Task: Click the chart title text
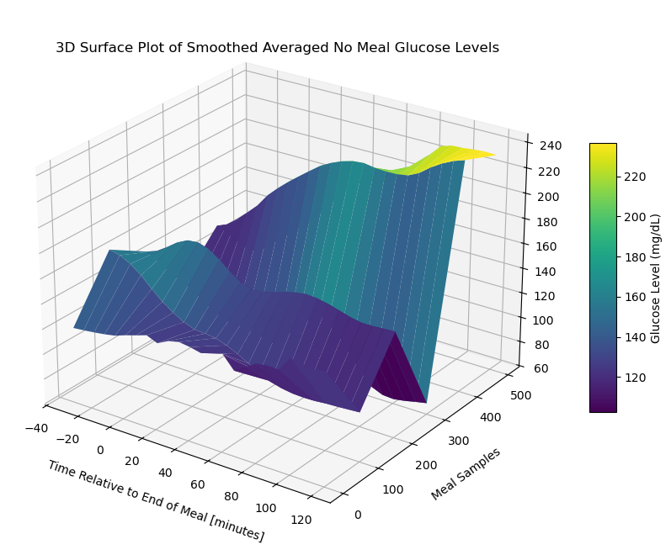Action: (277, 48)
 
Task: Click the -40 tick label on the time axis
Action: (35, 428)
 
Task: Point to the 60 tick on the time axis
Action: (197, 484)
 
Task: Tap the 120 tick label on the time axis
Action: (300, 520)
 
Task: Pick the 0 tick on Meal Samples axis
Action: (359, 514)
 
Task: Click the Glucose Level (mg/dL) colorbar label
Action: (656, 278)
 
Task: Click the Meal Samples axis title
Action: (466, 474)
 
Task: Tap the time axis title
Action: (156, 501)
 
